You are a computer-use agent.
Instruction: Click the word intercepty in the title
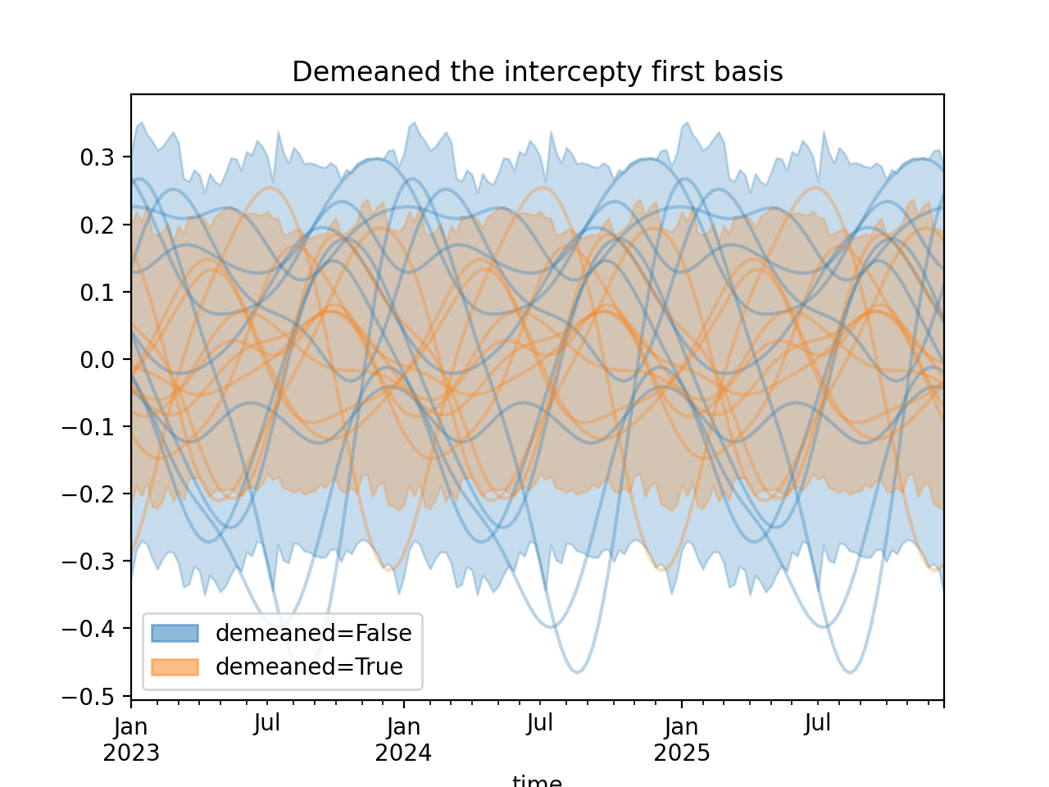[x=573, y=72]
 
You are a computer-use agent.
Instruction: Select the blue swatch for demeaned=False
[x=175, y=633]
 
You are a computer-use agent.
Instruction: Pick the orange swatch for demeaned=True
[x=175, y=667]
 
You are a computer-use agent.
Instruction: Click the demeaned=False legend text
[x=313, y=633]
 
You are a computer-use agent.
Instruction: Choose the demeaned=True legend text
[x=309, y=667]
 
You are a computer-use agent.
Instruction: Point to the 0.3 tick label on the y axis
[x=97, y=158]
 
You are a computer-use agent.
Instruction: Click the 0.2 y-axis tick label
[x=97, y=225]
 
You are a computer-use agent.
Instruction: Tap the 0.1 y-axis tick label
[x=97, y=293]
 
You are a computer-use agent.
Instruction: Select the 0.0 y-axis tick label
[x=97, y=360]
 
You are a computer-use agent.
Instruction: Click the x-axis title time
[x=537, y=780]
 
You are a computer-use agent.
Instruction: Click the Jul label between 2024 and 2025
[x=540, y=724]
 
